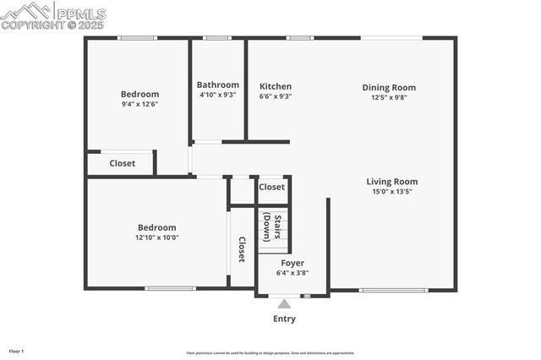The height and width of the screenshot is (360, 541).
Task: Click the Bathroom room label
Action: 217,85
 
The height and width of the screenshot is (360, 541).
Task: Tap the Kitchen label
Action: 276,86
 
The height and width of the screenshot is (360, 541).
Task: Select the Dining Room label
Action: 389,87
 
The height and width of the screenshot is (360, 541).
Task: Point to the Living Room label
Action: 391,181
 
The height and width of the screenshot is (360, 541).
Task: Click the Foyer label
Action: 292,263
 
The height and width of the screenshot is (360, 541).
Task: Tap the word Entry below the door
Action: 284,319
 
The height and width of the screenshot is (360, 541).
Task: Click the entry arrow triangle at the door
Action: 284,303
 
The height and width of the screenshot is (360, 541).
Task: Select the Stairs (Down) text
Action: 271,226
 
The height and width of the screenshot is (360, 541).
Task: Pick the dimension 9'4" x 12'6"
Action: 139,104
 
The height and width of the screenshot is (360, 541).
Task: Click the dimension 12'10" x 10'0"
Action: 157,237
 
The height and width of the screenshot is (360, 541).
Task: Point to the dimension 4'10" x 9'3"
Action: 217,95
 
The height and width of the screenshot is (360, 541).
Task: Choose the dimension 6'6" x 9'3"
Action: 276,96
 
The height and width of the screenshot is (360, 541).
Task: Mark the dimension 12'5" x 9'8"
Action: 389,97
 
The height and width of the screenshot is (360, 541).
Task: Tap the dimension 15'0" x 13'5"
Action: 391,191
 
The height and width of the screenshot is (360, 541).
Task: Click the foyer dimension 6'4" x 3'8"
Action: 292,273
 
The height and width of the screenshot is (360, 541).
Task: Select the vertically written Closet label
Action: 242,248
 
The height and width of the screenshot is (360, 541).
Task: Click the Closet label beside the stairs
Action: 271,187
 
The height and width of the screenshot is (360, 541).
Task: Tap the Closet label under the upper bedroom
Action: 123,163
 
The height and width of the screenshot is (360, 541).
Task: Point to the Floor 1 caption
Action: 17,350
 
